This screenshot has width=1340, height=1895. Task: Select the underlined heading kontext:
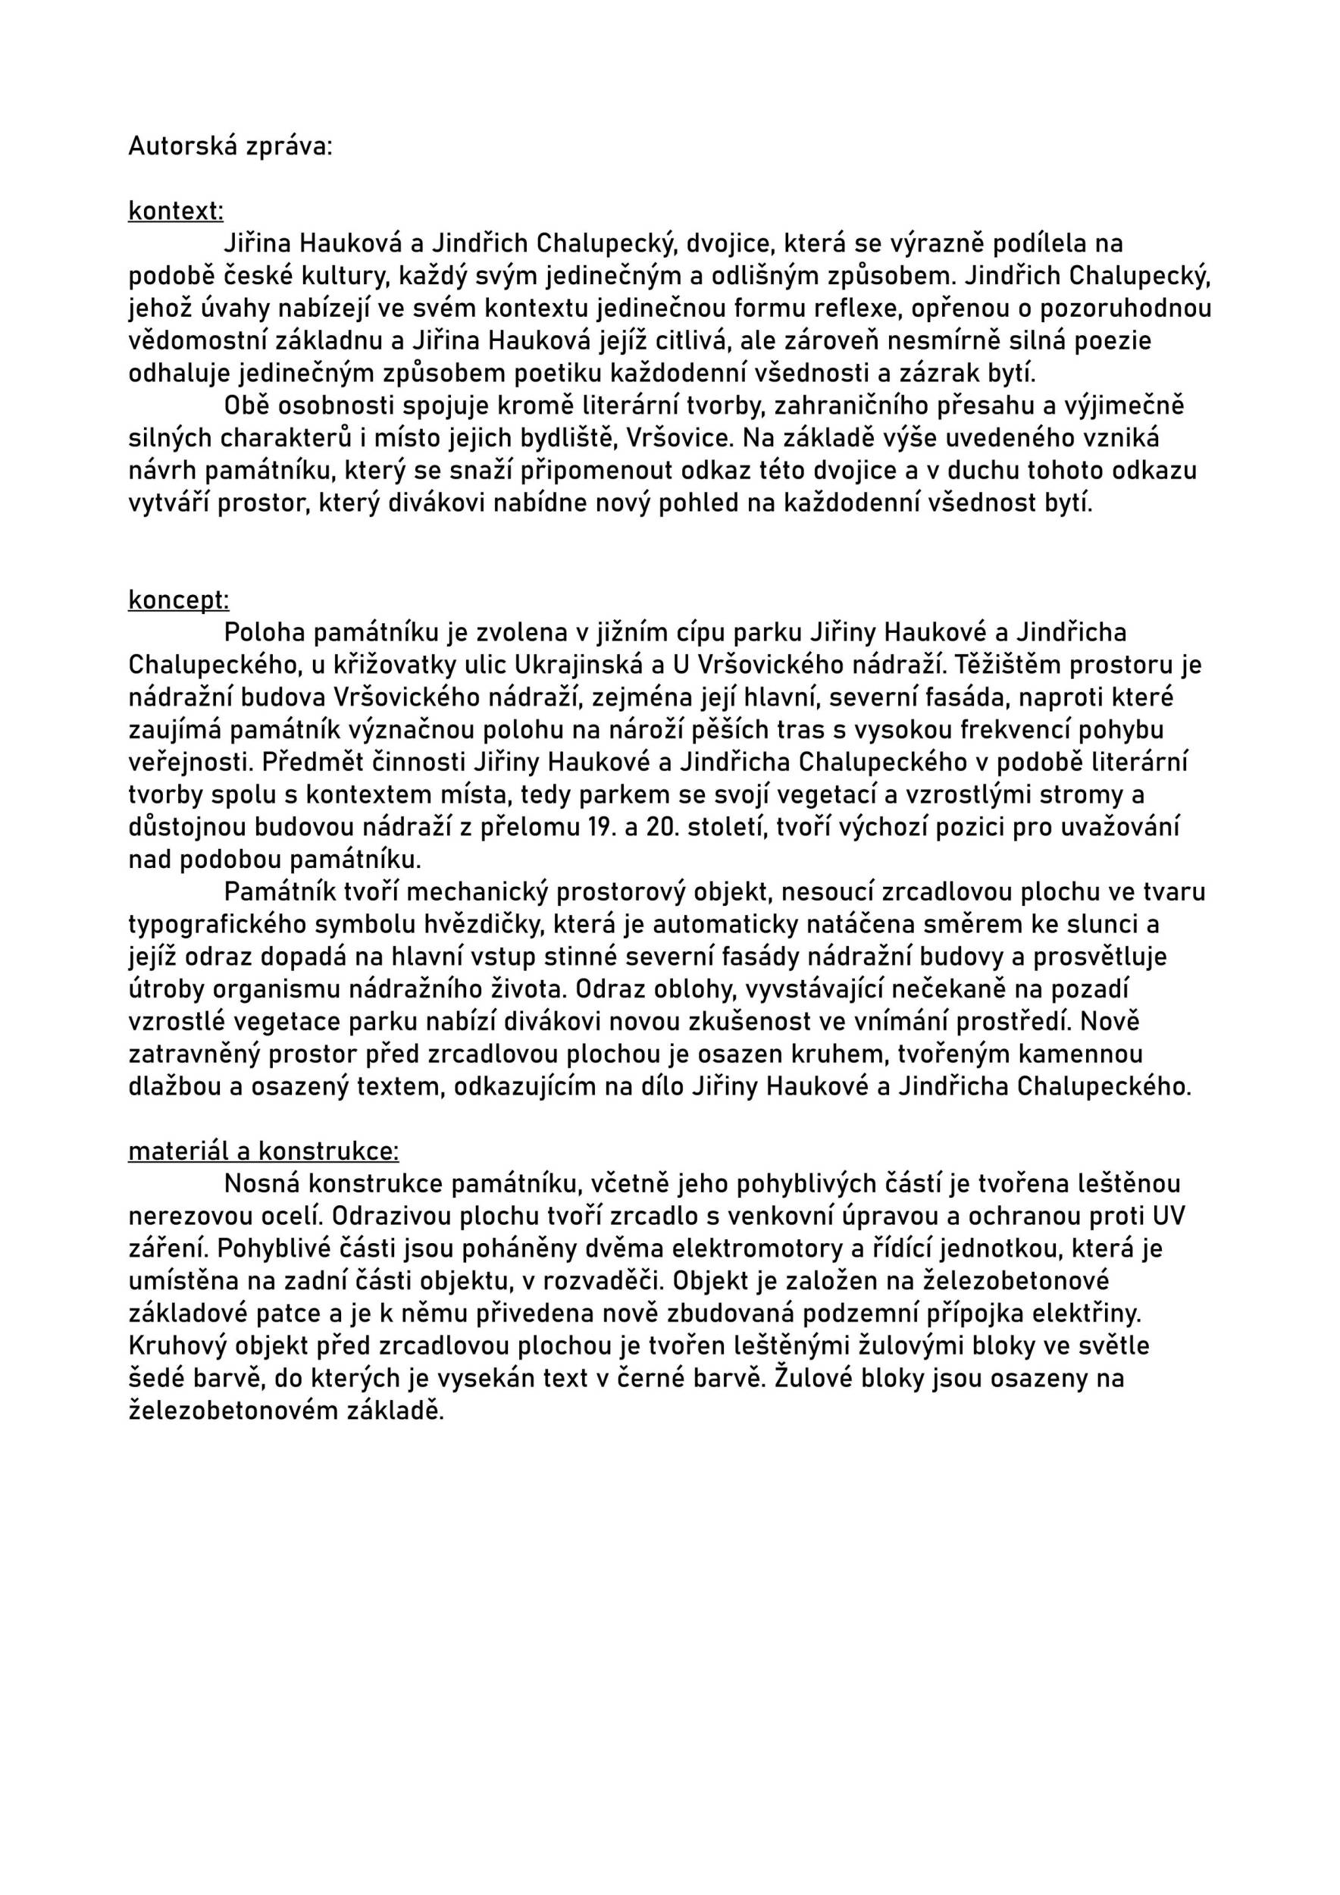[x=176, y=211]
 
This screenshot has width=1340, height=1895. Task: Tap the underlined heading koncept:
[x=178, y=600]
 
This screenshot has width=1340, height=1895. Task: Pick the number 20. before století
[x=663, y=827]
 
